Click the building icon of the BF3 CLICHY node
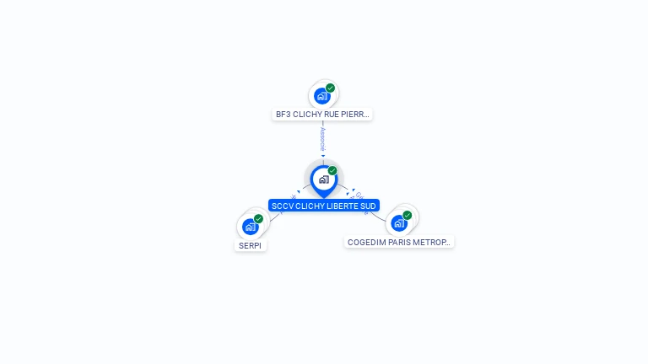tap(321, 96)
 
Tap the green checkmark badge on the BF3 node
tap(331, 88)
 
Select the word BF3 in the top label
tap(283, 114)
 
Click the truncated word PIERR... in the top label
tap(356, 114)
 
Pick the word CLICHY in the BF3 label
tap(306, 114)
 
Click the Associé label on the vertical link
tap(322, 139)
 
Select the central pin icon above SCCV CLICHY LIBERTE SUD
tap(323, 179)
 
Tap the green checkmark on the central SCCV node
tap(332, 171)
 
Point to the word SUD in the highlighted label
tap(368, 206)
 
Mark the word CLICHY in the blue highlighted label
tap(310, 206)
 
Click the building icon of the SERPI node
tap(250, 227)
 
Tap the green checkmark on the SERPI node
tap(259, 218)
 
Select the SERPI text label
tap(251, 246)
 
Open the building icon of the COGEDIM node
tap(399, 223)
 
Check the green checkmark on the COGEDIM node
tap(408, 215)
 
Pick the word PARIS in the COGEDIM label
tap(402, 242)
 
